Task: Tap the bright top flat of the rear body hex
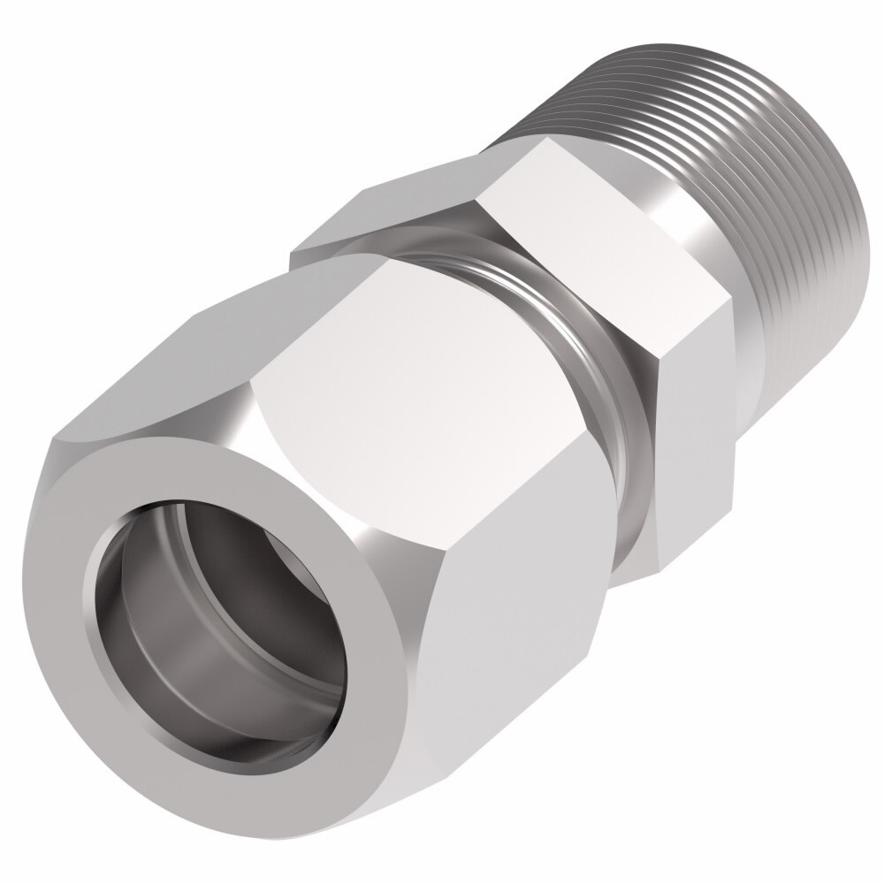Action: (x=575, y=212)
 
